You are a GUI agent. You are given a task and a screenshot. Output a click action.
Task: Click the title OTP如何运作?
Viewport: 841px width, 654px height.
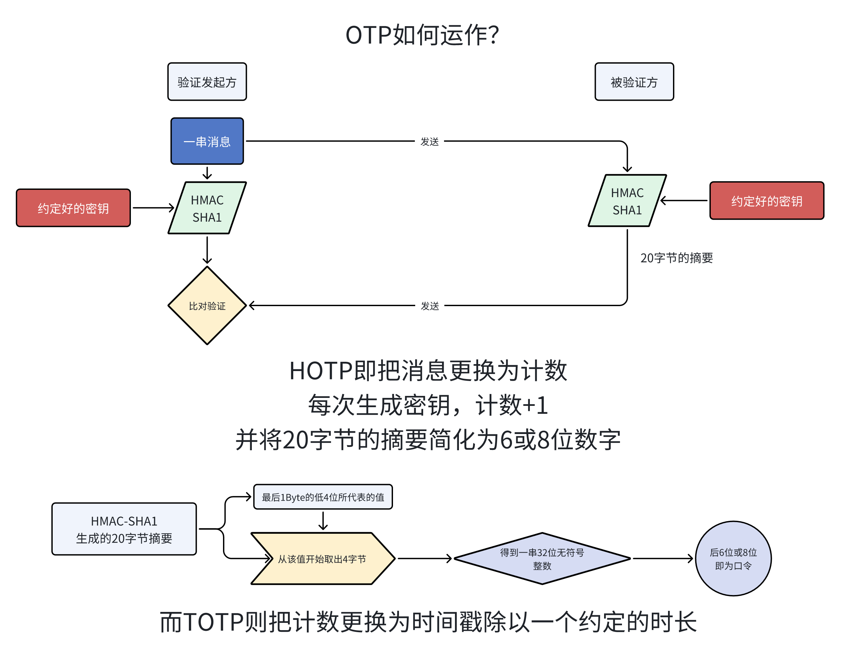[422, 35]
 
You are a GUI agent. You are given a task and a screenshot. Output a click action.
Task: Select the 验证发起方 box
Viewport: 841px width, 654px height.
[207, 82]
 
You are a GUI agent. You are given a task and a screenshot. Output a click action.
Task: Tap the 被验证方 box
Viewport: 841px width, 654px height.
[634, 82]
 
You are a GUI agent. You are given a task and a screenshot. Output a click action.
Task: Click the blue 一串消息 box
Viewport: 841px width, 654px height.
[207, 141]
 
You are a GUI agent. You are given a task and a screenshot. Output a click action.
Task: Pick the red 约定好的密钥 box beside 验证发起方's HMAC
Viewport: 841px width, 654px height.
[73, 208]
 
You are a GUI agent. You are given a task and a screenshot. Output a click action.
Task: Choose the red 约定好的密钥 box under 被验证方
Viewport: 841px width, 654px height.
[766, 200]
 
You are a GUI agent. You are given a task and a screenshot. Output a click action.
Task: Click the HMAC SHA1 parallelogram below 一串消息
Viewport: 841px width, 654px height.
[207, 208]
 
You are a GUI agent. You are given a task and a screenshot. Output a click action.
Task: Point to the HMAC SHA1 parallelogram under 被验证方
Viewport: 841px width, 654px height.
[627, 200]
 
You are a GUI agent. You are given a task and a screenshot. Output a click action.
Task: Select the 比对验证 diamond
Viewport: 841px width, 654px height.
[207, 306]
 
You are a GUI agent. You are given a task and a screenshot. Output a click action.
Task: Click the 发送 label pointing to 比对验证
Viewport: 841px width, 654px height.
[429, 306]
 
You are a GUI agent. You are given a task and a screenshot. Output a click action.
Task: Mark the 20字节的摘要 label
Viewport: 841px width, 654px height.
[676, 258]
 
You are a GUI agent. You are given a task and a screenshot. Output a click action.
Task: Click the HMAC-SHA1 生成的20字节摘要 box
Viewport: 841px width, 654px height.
[124, 529]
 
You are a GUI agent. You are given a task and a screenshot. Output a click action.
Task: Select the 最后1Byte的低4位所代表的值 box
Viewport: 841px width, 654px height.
[323, 497]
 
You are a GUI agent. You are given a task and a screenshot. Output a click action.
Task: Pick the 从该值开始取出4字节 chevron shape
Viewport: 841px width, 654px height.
[323, 559]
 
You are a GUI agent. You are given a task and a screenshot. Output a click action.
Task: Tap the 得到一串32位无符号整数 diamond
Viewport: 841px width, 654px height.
[542, 559]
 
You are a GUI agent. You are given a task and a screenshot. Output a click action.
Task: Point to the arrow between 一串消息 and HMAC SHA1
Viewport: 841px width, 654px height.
[207, 173]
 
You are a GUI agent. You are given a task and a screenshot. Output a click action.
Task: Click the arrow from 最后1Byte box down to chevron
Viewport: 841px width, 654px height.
[323, 521]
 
